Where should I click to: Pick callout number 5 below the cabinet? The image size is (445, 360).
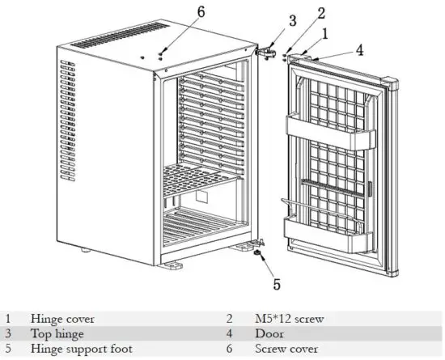click(276, 284)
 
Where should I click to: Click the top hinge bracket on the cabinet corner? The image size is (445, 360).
click(264, 50)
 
